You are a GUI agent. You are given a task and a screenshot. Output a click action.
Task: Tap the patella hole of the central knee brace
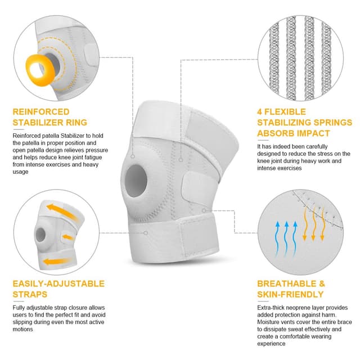(136, 181)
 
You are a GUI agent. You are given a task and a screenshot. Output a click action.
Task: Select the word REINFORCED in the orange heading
(41, 112)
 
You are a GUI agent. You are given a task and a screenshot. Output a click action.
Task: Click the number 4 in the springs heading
(259, 112)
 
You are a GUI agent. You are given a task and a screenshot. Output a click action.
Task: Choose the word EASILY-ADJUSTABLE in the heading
(58, 283)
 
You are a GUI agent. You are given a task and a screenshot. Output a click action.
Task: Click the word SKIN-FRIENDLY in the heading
(290, 294)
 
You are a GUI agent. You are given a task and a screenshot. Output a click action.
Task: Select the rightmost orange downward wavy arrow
(322, 224)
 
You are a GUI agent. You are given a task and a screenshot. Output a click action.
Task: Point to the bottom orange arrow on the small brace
(57, 262)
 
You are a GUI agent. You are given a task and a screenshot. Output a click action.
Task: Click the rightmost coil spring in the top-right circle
(326, 58)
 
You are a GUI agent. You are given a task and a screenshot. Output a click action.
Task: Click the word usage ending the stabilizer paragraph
(20, 172)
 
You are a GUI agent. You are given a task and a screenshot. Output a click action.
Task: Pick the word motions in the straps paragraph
(22, 329)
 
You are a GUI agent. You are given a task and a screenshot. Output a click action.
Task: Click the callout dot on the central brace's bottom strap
(146, 233)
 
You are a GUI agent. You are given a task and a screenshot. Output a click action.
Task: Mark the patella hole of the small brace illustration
(40, 235)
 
